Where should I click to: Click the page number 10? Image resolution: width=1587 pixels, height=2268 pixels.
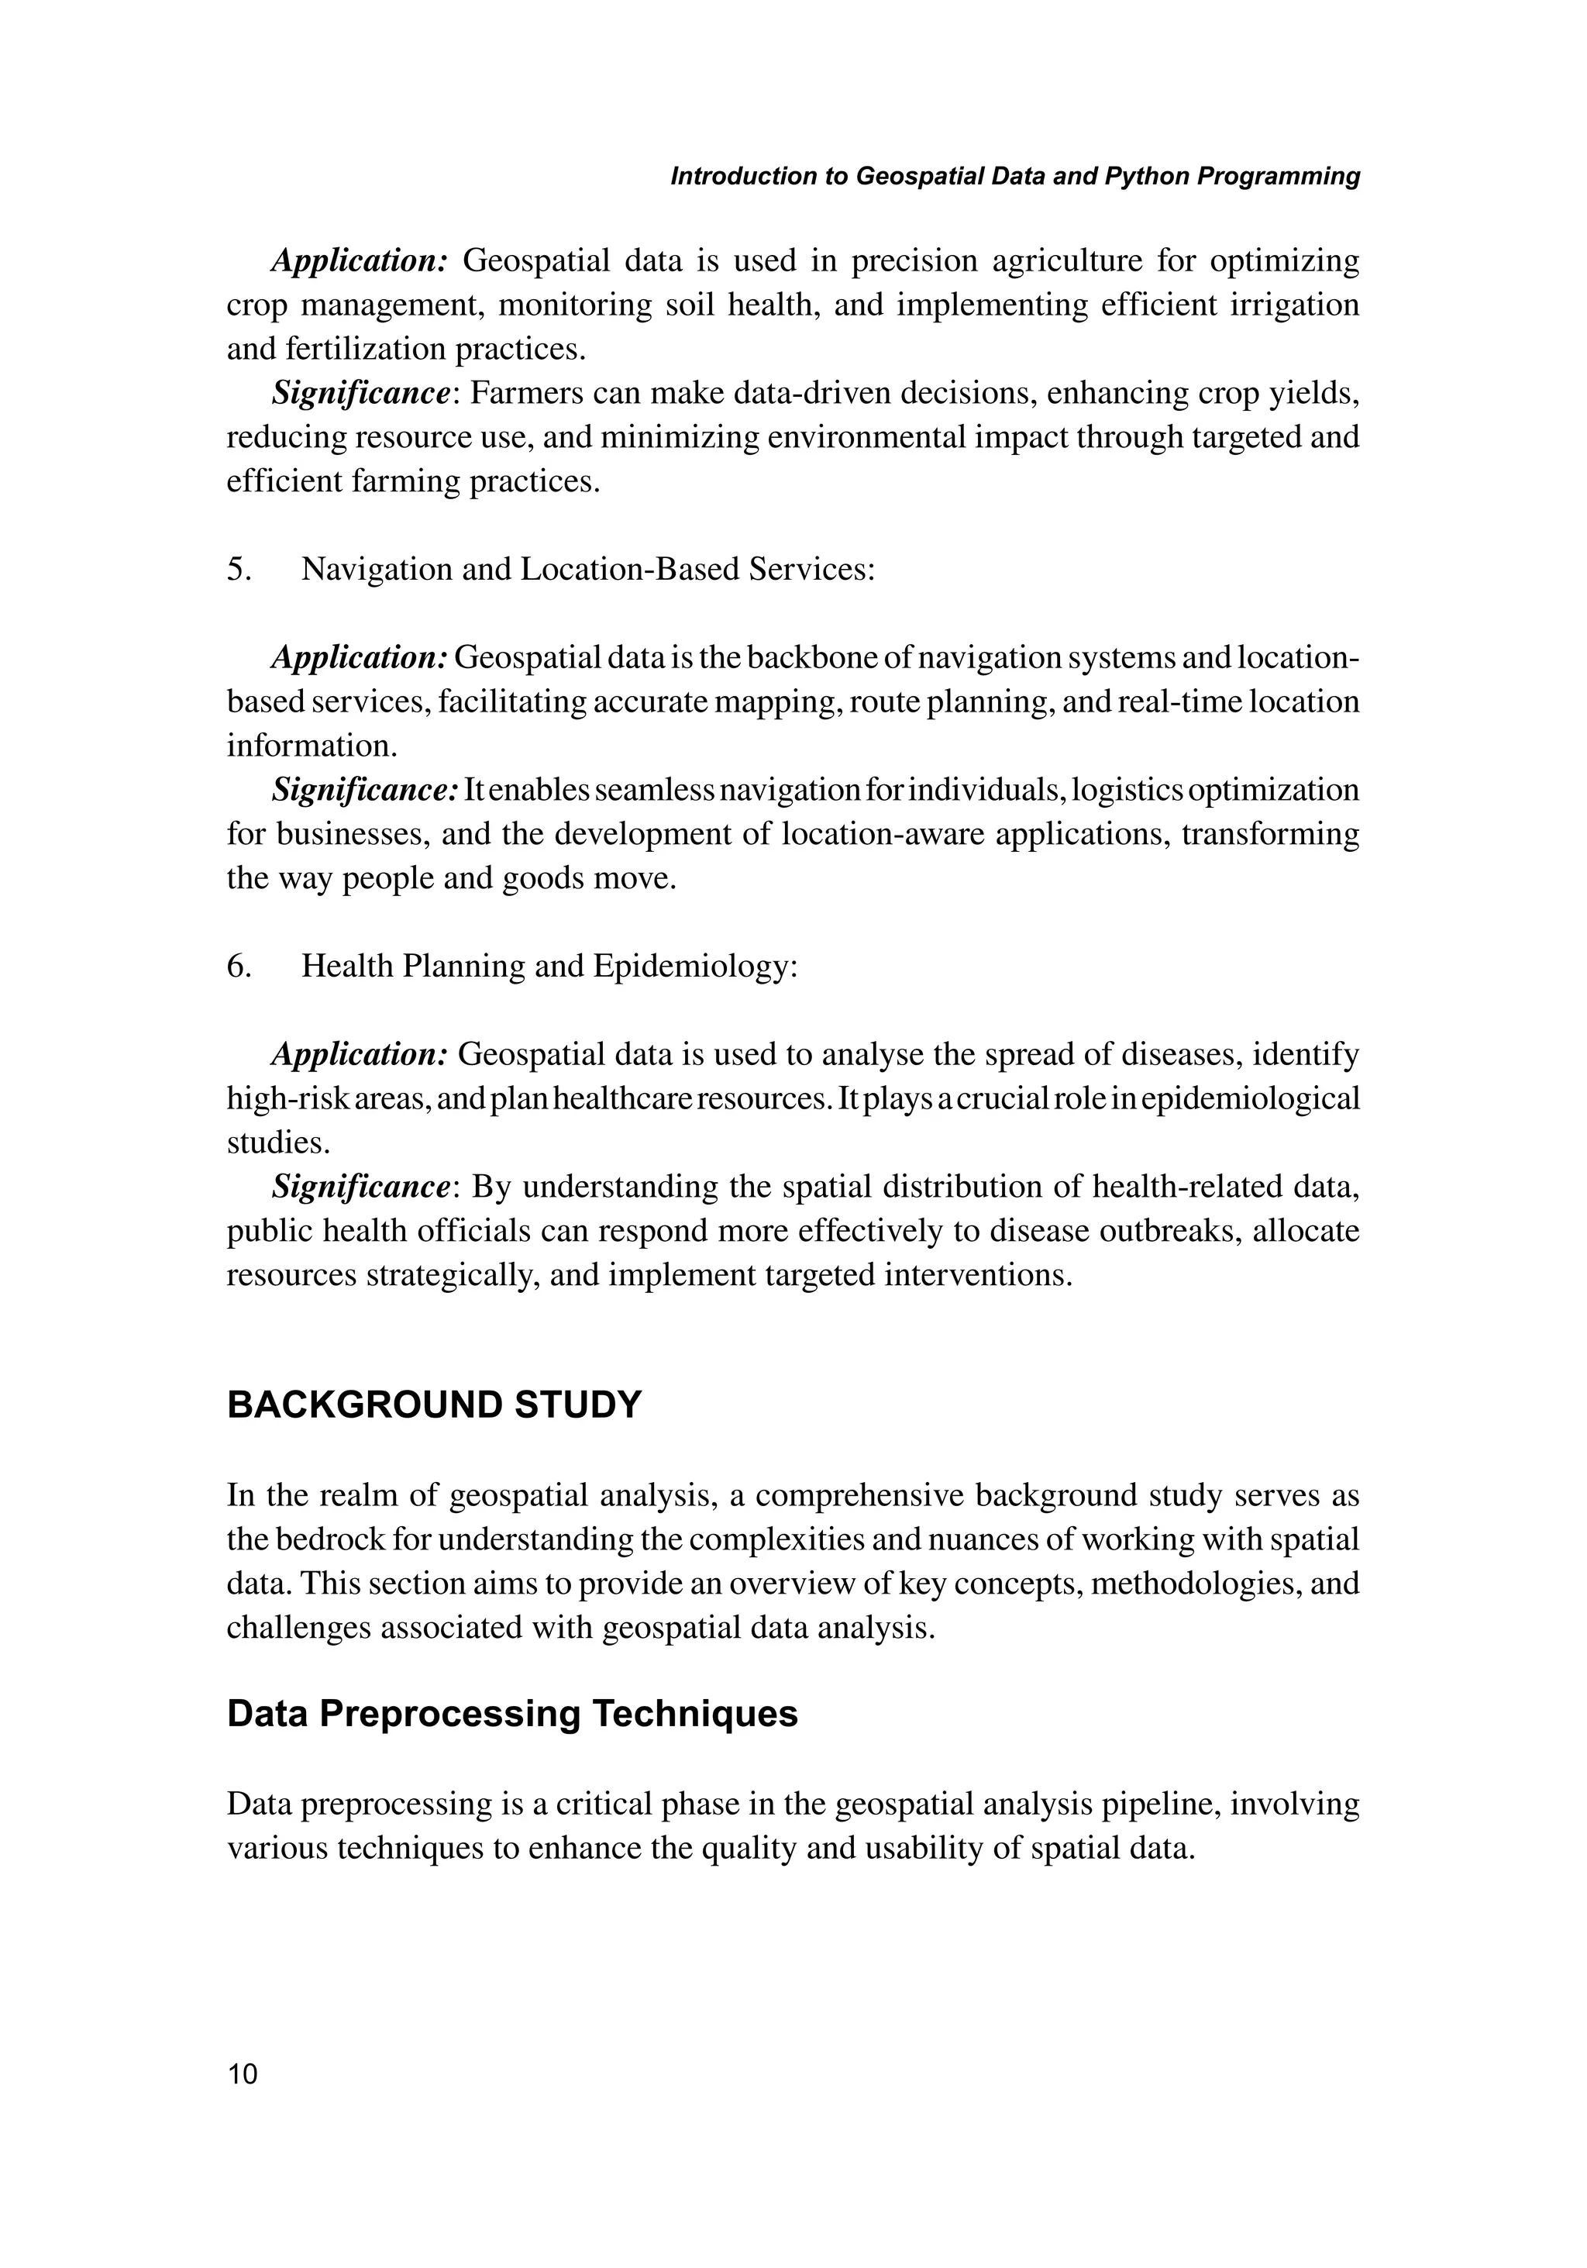[242, 2073]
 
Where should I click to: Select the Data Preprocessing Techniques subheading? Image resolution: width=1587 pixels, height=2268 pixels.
[511, 1714]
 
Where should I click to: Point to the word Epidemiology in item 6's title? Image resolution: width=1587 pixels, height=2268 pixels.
[694, 966]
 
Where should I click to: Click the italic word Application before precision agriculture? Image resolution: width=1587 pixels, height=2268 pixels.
[360, 260]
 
